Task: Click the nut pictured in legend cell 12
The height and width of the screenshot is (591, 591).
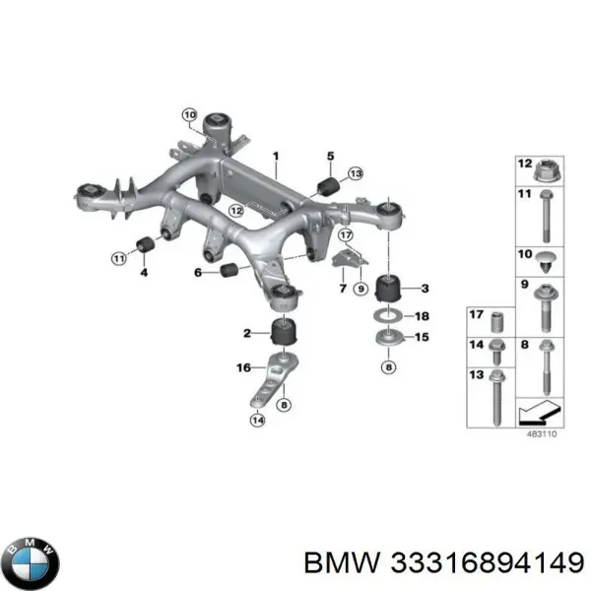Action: [550, 172]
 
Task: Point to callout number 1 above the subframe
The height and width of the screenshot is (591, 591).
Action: [277, 156]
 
